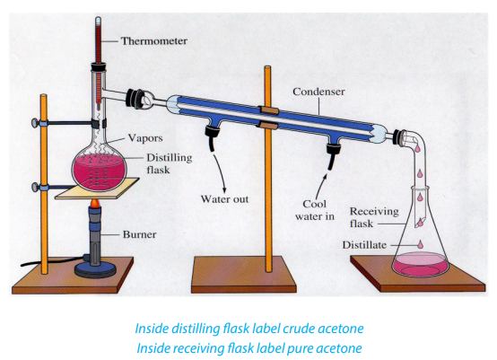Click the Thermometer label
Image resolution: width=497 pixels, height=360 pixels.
click(x=154, y=41)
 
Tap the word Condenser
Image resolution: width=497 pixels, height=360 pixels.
click(x=318, y=92)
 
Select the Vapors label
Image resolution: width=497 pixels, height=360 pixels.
click(x=145, y=138)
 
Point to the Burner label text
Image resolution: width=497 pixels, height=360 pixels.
click(x=139, y=234)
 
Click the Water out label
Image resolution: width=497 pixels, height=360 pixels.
click(x=224, y=199)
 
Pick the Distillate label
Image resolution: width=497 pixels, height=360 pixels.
click(x=364, y=245)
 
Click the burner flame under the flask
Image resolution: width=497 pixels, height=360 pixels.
click(x=95, y=203)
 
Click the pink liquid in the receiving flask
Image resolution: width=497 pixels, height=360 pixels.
click(x=420, y=264)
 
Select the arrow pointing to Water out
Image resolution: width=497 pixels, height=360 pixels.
click(x=221, y=173)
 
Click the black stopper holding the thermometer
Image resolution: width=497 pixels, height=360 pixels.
click(x=99, y=67)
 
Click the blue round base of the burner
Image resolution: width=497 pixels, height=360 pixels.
click(x=95, y=270)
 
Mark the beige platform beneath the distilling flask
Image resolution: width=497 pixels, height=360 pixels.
click(x=97, y=189)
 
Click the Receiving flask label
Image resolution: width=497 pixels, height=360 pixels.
click(x=374, y=217)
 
